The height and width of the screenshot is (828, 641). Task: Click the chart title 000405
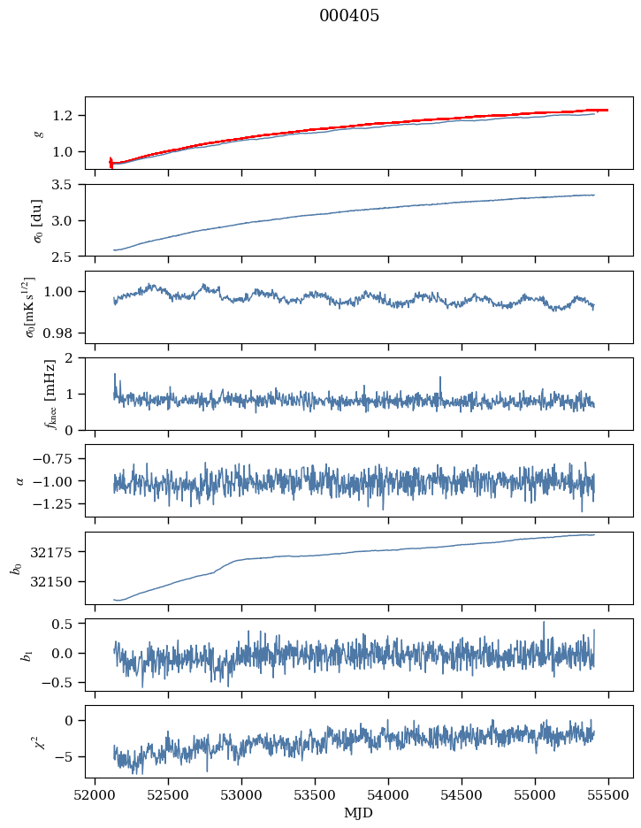[349, 16]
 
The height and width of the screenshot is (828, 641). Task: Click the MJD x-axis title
[359, 813]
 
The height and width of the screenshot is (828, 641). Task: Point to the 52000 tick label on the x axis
[95, 795]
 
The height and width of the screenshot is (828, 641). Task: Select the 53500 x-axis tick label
[316, 795]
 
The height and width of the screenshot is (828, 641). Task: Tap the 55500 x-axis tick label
[608, 795]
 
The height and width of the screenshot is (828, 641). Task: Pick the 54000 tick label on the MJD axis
[388, 795]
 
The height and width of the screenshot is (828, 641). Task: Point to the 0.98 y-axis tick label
[58, 333]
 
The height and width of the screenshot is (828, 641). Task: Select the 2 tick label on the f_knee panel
[68, 358]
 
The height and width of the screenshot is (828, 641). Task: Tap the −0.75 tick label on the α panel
[52, 459]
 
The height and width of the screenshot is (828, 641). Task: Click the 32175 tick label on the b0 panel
[51, 552]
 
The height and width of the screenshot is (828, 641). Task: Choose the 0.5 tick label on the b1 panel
[62, 624]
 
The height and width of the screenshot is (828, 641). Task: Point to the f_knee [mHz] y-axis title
[50, 394]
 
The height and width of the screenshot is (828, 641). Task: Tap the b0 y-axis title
[18, 568]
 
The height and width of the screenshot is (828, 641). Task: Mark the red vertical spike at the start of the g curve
[111, 163]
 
